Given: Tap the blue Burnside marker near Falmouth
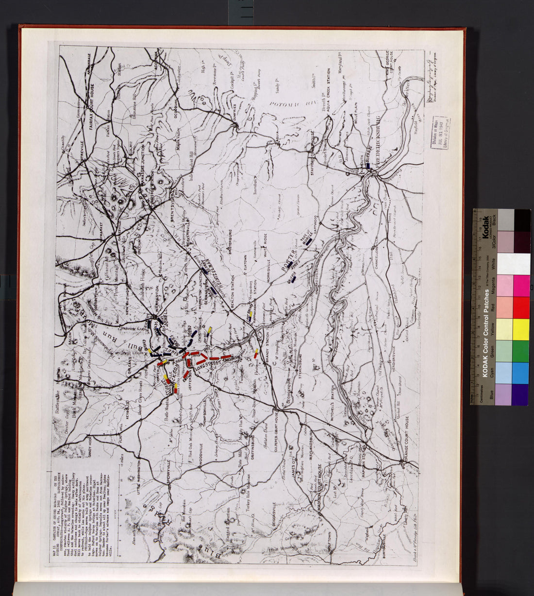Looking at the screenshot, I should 369,165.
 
